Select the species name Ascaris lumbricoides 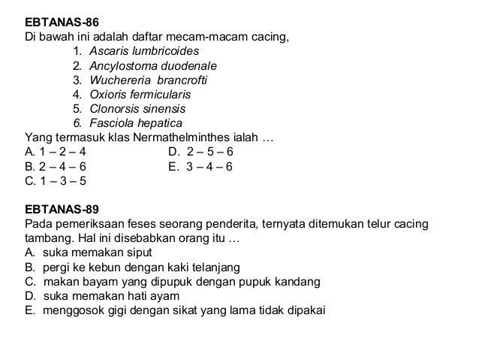click(143, 51)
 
